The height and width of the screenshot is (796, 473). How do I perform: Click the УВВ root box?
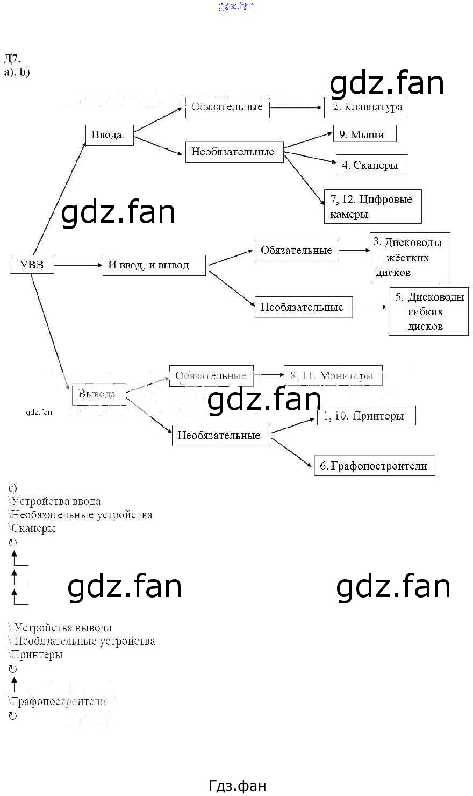click(32, 265)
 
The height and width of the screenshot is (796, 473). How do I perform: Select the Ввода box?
click(109, 135)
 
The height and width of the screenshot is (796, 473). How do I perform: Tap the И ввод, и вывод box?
click(154, 265)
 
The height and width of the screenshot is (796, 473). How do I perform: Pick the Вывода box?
click(99, 394)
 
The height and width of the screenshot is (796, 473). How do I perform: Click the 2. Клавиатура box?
click(366, 107)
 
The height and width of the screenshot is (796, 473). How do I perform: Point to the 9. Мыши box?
click(364, 134)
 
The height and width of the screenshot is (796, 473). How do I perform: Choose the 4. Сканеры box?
click(371, 165)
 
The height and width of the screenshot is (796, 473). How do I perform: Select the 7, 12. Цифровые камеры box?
click(372, 207)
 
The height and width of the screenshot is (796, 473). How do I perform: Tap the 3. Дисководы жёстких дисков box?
click(410, 258)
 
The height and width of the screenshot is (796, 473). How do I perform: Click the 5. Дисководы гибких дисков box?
click(429, 311)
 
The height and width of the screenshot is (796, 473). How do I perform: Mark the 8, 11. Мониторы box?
click(333, 375)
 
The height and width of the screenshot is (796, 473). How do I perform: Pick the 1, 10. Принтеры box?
click(366, 416)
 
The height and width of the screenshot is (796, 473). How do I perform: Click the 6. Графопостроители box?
click(374, 466)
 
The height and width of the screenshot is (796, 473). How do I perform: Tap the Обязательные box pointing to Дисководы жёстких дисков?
click(297, 251)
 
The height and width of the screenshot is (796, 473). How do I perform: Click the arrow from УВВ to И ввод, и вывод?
click(78, 265)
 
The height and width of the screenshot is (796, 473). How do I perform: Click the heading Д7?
click(12, 59)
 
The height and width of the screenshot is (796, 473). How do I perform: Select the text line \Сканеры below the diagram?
click(32, 528)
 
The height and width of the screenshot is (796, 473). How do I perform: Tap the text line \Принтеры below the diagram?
click(35, 655)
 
